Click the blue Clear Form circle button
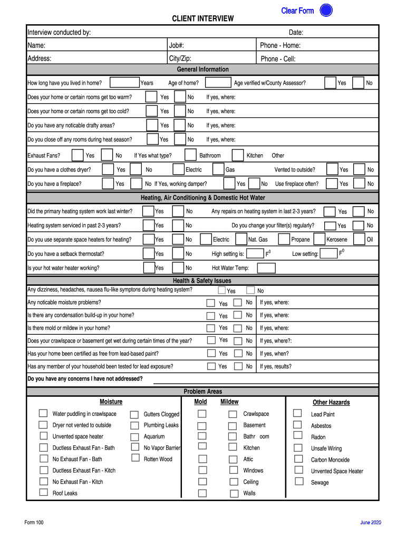[x=326, y=11]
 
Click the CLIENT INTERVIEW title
[x=202, y=19]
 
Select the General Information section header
[x=202, y=69]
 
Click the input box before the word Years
[x=125, y=82]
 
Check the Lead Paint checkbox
[x=298, y=413]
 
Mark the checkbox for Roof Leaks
[x=43, y=493]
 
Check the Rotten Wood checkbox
[x=134, y=458]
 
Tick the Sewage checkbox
[x=299, y=481]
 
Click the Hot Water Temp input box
[x=266, y=268]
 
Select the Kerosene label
[x=336, y=239]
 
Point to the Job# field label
[x=176, y=46]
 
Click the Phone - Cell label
[x=278, y=59]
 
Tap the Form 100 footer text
[x=34, y=522]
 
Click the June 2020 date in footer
[x=370, y=522]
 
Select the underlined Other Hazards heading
[x=331, y=402]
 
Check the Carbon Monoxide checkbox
[x=298, y=458]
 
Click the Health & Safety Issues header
[x=202, y=281]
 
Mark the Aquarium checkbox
[x=134, y=436]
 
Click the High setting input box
[x=256, y=254]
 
